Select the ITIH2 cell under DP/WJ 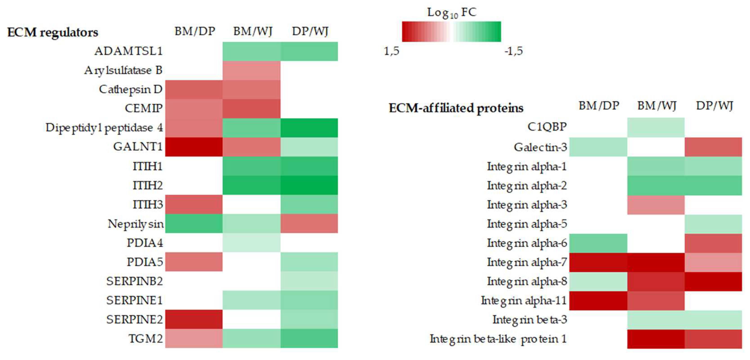(x=309, y=185)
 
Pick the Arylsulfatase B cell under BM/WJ (x=251, y=70)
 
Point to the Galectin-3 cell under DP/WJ (x=713, y=147)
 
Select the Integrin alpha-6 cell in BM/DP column (x=598, y=243)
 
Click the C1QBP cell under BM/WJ (x=656, y=127)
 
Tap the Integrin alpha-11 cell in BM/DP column (x=598, y=300)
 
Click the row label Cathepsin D (x=131, y=89)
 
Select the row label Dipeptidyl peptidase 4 (x=104, y=128)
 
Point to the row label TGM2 (x=146, y=338)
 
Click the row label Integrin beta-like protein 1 (x=498, y=339)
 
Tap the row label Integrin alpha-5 (x=527, y=224)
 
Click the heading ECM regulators (x=53, y=32)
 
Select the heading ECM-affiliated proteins (x=456, y=108)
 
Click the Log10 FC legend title (x=452, y=12)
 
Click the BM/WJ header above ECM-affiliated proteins (x=657, y=105)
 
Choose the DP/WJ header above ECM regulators (x=310, y=31)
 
